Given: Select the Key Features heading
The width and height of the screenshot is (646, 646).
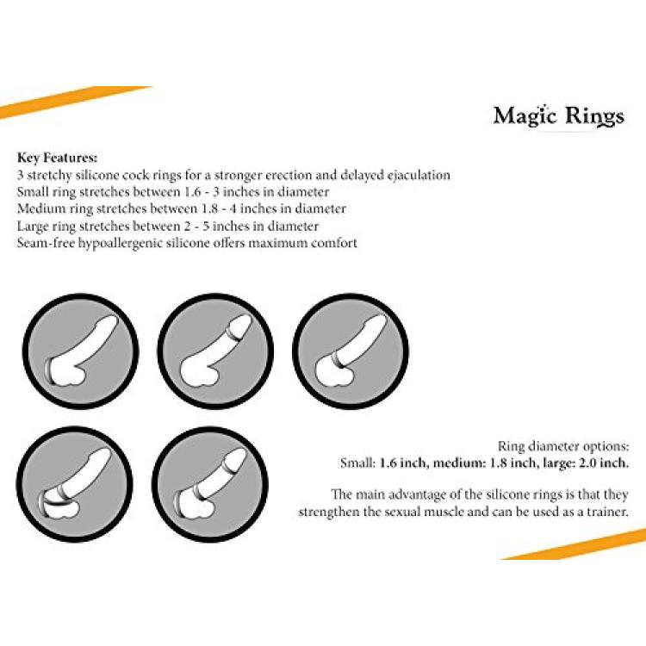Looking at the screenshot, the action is [57, 158].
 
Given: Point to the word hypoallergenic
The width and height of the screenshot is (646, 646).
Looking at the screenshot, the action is [120, 243].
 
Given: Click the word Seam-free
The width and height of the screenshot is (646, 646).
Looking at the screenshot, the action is [46, 243].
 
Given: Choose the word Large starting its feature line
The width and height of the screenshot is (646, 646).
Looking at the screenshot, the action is [33, 227].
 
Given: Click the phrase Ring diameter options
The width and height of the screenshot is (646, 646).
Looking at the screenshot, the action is [563, 446].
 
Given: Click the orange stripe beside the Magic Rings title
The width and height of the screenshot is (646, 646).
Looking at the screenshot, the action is [74, 102].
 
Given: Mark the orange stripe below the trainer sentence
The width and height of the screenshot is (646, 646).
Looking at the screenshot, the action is [574, 544].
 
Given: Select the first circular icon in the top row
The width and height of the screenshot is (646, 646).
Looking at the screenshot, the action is [80, 351].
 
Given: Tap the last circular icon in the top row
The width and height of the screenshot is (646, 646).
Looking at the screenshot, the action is [351, 351].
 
